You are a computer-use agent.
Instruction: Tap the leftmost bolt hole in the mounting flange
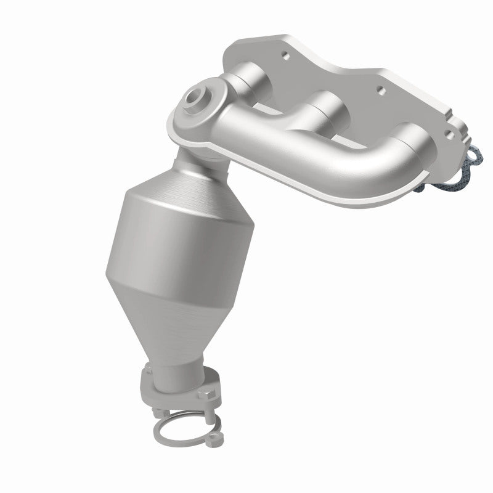[x=285, y=54]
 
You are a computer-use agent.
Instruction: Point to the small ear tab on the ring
[x=213, y=438]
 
